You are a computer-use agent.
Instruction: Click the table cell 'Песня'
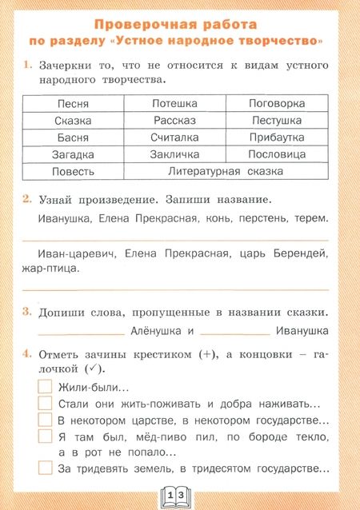pyautogui.click(x=73, y=104)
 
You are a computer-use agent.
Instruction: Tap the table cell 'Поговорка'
pyautogui.click(x=277, y=104)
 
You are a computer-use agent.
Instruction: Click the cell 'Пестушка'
pyautogui.click(x=277, y=121)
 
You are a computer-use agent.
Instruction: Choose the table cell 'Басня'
pyautogui.click(x=73, y=137)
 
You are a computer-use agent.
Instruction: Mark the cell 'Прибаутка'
pyautogui.click(x=277, y=137)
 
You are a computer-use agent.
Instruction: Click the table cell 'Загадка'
pyautogui.click(x=73, y=154)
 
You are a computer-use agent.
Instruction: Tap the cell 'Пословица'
pyautogui.click(x=277, y=154)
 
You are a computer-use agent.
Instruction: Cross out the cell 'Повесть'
pyautogui.click(x=73, y=171)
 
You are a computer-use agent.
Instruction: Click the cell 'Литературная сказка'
pyautogui.click(x=226, y=171)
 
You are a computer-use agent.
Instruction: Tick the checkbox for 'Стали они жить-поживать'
pyautogui.click(x=46, y=404)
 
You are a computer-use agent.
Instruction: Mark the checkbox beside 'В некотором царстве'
pyautogui.click(x=46, y=420)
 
